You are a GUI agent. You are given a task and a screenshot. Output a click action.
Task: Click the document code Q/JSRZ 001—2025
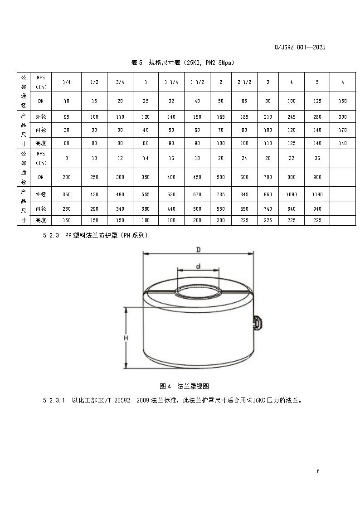point(300,47)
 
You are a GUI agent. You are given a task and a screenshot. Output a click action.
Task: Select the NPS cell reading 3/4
point(120,82)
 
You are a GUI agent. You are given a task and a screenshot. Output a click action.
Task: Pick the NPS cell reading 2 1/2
point(244,82)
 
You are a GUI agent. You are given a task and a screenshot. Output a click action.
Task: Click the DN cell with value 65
point(244,101)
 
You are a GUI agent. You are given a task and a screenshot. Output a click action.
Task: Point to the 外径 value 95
point(67,117)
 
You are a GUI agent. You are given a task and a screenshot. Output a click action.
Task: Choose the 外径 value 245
point(292,117)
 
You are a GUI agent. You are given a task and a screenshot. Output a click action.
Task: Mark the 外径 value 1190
point(317,194)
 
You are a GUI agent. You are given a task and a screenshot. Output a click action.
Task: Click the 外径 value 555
point(146,194)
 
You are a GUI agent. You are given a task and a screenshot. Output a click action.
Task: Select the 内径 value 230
point(67,209)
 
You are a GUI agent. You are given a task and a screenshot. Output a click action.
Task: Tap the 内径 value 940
point(317,209)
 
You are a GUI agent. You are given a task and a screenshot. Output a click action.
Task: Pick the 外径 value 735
point(220,194)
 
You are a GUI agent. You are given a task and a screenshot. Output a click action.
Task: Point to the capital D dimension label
point(198,249)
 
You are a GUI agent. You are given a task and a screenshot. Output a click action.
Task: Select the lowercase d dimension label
point(198,266)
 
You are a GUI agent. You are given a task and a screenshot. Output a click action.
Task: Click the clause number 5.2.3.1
point(54,401)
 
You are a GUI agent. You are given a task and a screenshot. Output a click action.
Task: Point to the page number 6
point(318,471)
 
